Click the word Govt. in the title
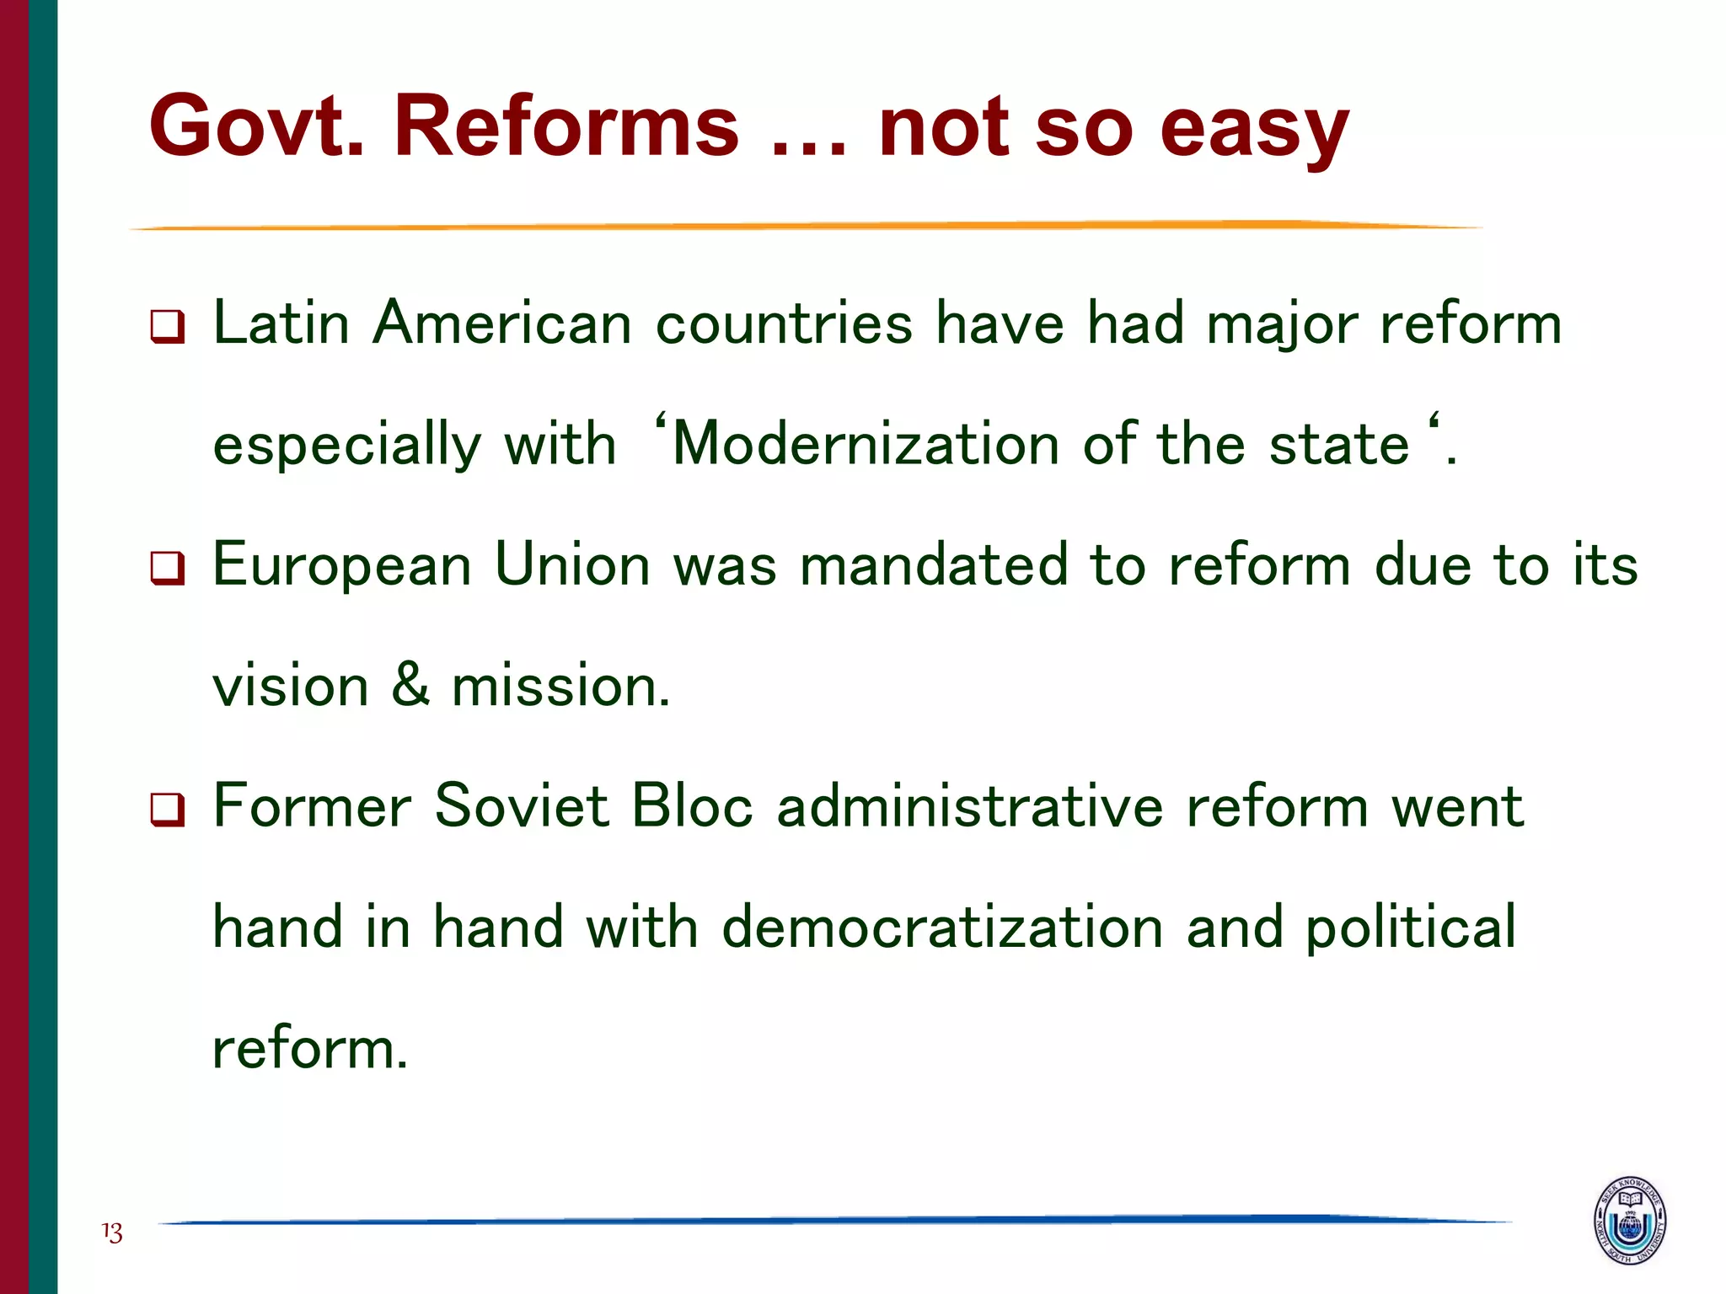(258, 126)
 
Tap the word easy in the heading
(1255, 131)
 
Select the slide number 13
(112, 1233)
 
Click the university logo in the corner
(1630, 1220)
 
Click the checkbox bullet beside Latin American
(167, 326)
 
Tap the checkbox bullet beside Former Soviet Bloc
(167, 810)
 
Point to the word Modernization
(866, 444)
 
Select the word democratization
(943, 927)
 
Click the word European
(341, 566)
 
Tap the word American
(502, 323)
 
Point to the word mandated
(934, 564)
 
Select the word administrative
(970, 806)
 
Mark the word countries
(784, 323)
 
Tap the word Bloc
(691, 805)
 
